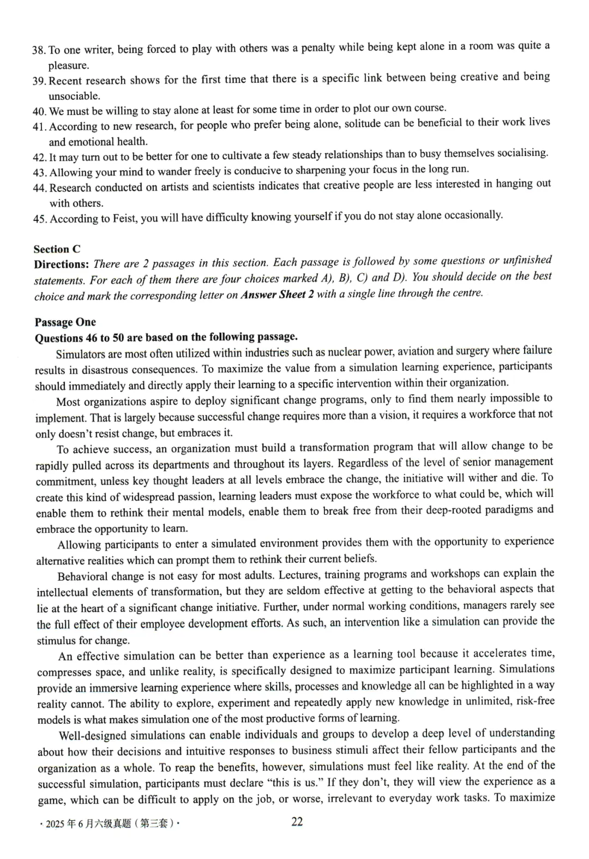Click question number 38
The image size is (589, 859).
(x=39, y=51)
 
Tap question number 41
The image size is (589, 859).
(x=39, y=127)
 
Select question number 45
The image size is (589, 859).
(x=40, y=219)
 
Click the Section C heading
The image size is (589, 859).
(x=57, y=249)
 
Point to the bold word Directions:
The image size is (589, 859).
(x=61, y=265)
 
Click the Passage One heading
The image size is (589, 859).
(x=65, y=322)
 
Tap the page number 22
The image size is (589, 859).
(x=297, y=822)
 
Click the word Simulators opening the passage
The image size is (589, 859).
(x=81, y=354)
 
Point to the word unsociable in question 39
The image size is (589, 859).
(x=74, y=97)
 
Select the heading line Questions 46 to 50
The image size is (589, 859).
(x=166, y=337)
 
